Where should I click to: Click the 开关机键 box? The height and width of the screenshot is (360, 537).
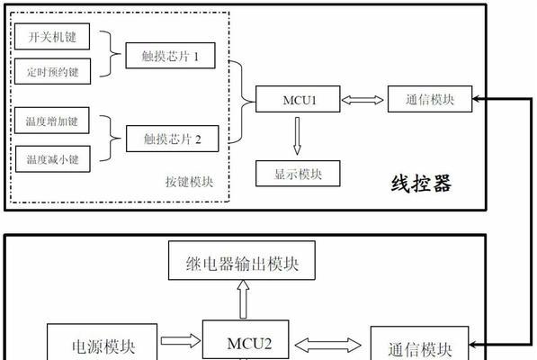point(52,36)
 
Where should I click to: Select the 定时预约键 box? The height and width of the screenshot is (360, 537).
point(52,71)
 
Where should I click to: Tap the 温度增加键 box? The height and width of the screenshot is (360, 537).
point(51,121)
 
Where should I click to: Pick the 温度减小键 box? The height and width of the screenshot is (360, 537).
point(53,159)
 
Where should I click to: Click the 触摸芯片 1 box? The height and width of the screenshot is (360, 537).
point(170,56)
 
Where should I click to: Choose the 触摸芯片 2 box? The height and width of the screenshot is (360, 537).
point(173,139)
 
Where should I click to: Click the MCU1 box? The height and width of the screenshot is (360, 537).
point(298,99)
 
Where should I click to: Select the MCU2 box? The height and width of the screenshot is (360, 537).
point(246,340)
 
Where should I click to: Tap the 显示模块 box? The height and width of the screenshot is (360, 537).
point(298,174)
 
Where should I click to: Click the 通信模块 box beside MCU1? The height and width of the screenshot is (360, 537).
point(430,99)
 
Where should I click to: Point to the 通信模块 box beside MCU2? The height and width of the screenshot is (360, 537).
point(419,343)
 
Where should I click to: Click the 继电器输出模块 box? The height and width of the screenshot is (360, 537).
point(242,260)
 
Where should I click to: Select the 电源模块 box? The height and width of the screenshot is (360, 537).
point(102,342)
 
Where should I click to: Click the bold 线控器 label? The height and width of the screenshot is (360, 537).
point(422,184)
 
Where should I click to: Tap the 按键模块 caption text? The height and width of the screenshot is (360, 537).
point(190,182)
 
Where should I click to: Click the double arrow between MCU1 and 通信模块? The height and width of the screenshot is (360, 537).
point(362,100)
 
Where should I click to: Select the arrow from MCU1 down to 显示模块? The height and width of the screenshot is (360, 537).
point(297,136)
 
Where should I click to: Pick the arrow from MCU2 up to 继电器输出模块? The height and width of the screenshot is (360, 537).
point(243,300)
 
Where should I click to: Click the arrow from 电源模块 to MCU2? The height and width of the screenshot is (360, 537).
point(181,340)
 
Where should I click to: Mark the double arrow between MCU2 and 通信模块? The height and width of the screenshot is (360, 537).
point(327,346)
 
